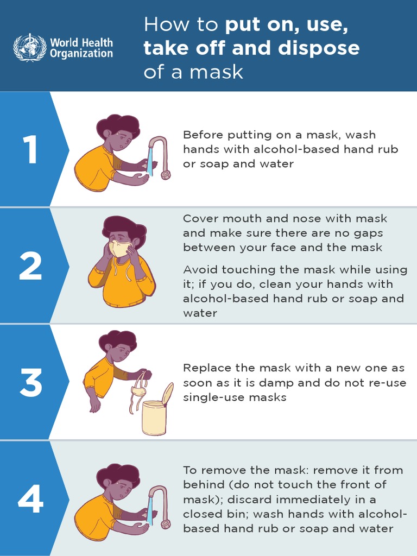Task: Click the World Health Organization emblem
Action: (30, 47)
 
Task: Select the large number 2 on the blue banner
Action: (30, 266)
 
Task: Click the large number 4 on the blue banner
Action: (30, 499)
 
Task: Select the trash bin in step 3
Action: (154, 417)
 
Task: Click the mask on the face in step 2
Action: (120, 249)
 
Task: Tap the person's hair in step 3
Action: (118, 339)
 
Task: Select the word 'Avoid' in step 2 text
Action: (199, 270)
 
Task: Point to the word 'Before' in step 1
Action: (201, 135)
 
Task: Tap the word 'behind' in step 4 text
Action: (201, 485)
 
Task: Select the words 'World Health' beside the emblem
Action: (81, 42)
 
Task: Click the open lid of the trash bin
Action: (167, 393)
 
